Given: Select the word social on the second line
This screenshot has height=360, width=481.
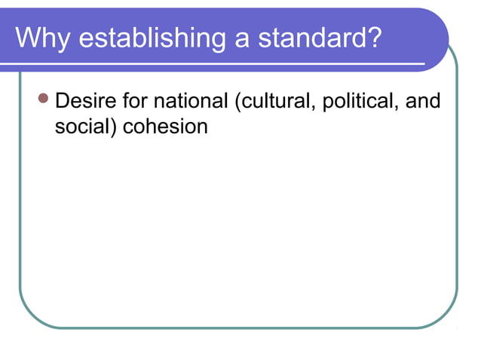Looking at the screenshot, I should tap(81, 126).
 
